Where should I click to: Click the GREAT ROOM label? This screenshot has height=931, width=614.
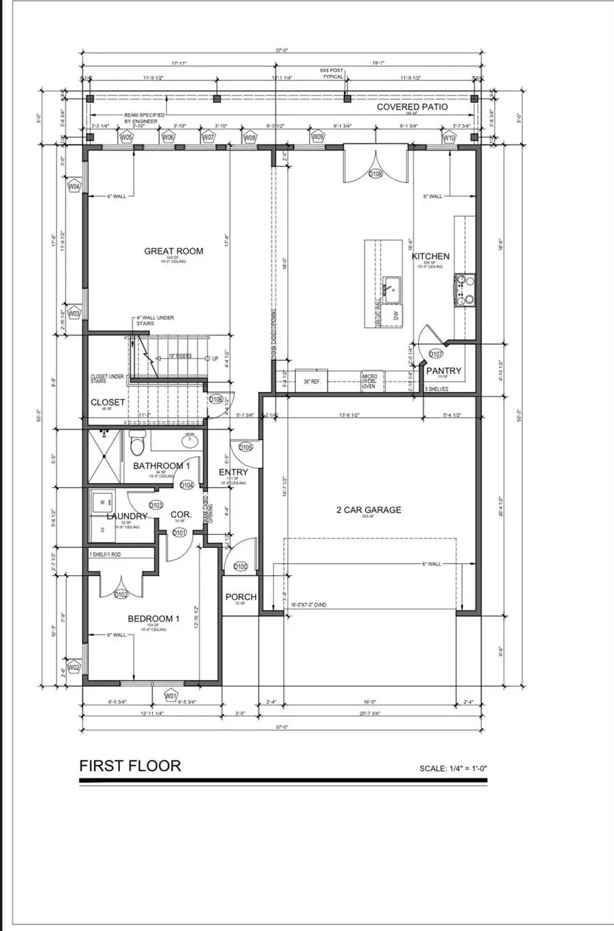(x=173, y=251)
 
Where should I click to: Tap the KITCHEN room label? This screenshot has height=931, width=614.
(x=430, y=256)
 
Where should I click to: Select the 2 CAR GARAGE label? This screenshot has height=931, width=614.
(x=368, y=510)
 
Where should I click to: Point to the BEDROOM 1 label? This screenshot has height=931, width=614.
(x=153, y=619)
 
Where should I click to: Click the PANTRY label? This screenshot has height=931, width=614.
(x=443, y=371)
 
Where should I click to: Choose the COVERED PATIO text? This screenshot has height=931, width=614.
(x=412, y=107)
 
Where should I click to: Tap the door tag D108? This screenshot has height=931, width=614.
(x=375, y=174)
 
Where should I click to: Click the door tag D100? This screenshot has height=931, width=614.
(x=240, y=566)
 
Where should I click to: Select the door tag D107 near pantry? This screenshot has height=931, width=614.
(x=437, y=354)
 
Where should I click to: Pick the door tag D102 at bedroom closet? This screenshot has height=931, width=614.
(x=121, y=594)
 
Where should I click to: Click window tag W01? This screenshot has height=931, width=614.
(x=171, y=696)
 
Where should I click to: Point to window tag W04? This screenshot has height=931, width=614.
(x=74, y=186)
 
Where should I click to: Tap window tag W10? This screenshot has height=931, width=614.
(x=449, y=138)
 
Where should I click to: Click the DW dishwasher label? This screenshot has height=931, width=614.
(x=394, y=315)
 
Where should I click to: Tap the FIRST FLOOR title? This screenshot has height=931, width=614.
(x=130, y=765)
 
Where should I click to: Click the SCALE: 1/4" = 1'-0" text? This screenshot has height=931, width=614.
(x=453, y=769)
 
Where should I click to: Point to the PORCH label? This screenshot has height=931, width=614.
(x=241, y=597)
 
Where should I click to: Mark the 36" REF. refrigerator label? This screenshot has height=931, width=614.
(x=312, y=382)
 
